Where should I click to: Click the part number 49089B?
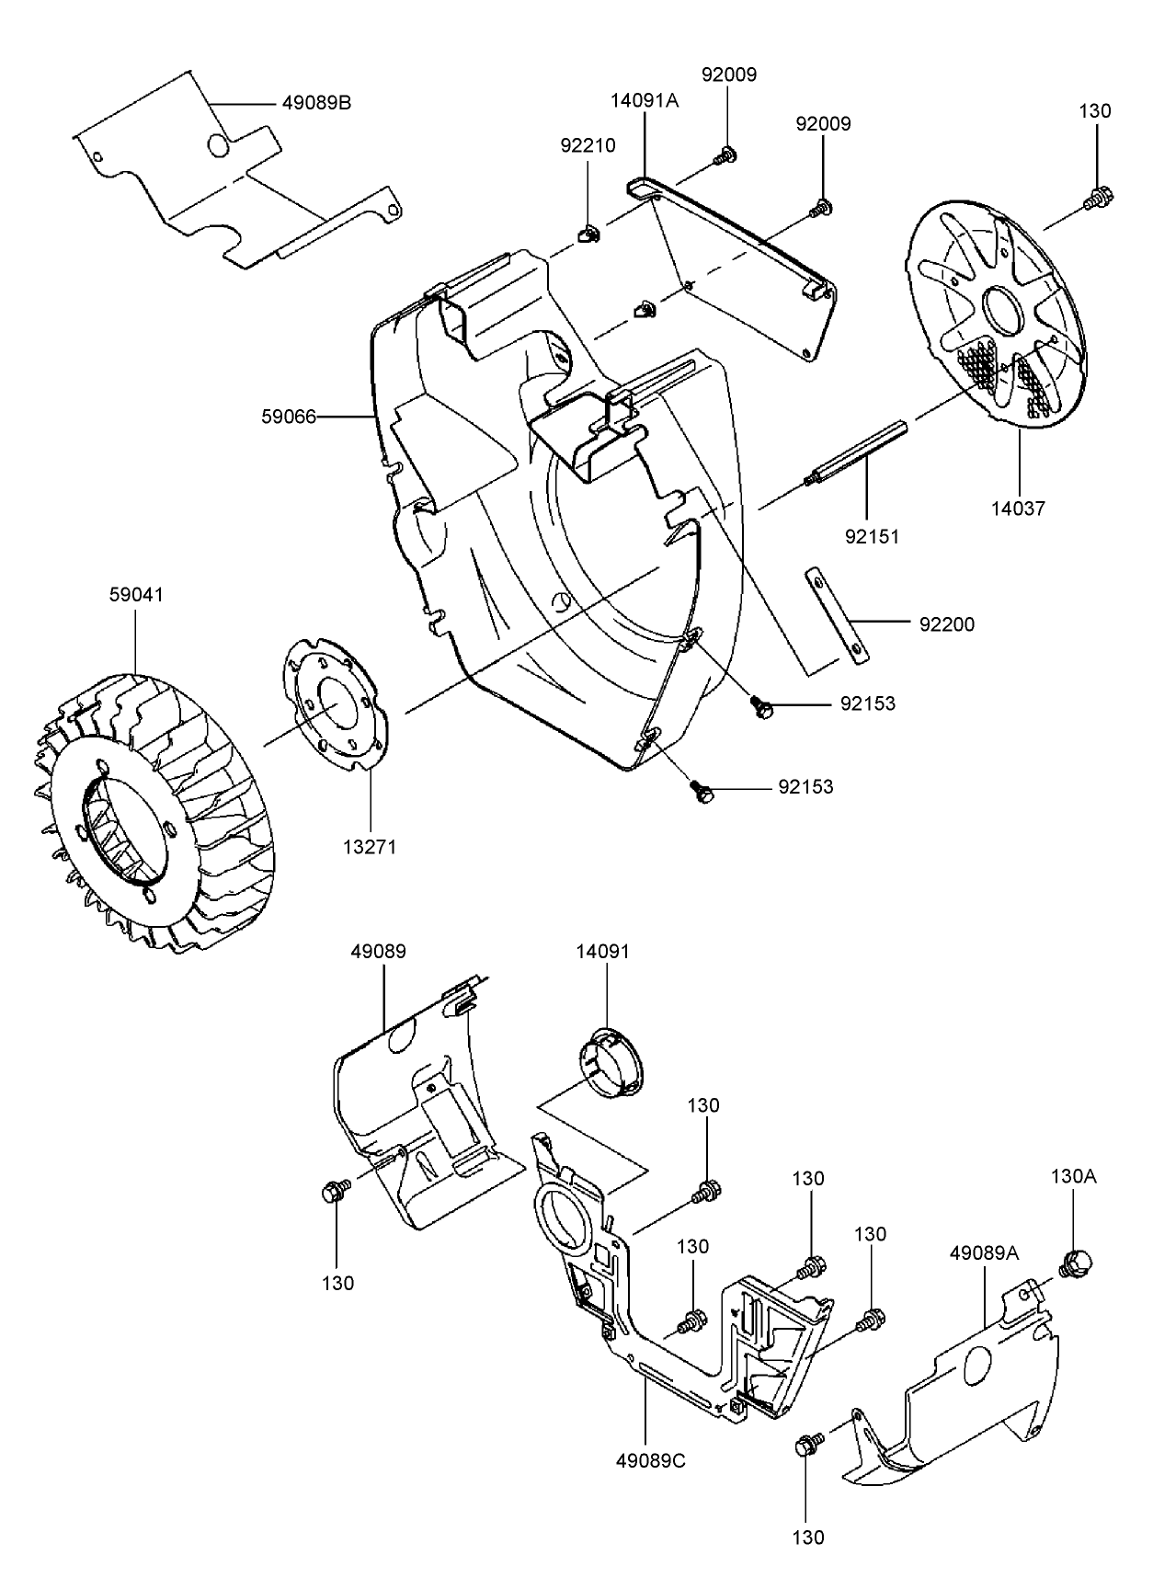[316, 103]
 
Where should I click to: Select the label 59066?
[289, 417]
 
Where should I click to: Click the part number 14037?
[1018, 508]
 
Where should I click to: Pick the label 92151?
[873, 535]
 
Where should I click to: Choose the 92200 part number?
[946, 624]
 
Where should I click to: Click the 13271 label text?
[370, 846]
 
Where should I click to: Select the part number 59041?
[136, 595]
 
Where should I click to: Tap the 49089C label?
[650, 1460]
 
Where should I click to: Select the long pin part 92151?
[857, 454]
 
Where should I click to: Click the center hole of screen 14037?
[1002, 311]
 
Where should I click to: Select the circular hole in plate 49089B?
[219, 145]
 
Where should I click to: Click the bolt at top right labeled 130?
[1097, 197]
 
